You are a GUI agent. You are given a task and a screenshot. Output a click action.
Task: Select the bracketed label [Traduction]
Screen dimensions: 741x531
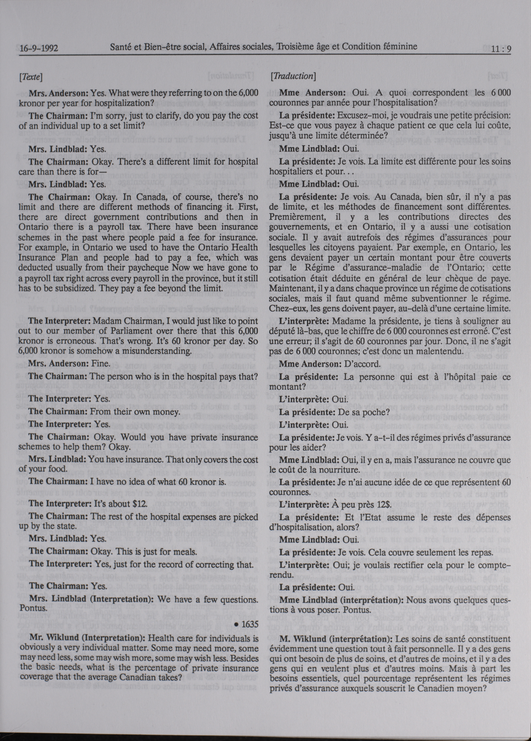pos(293,76)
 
